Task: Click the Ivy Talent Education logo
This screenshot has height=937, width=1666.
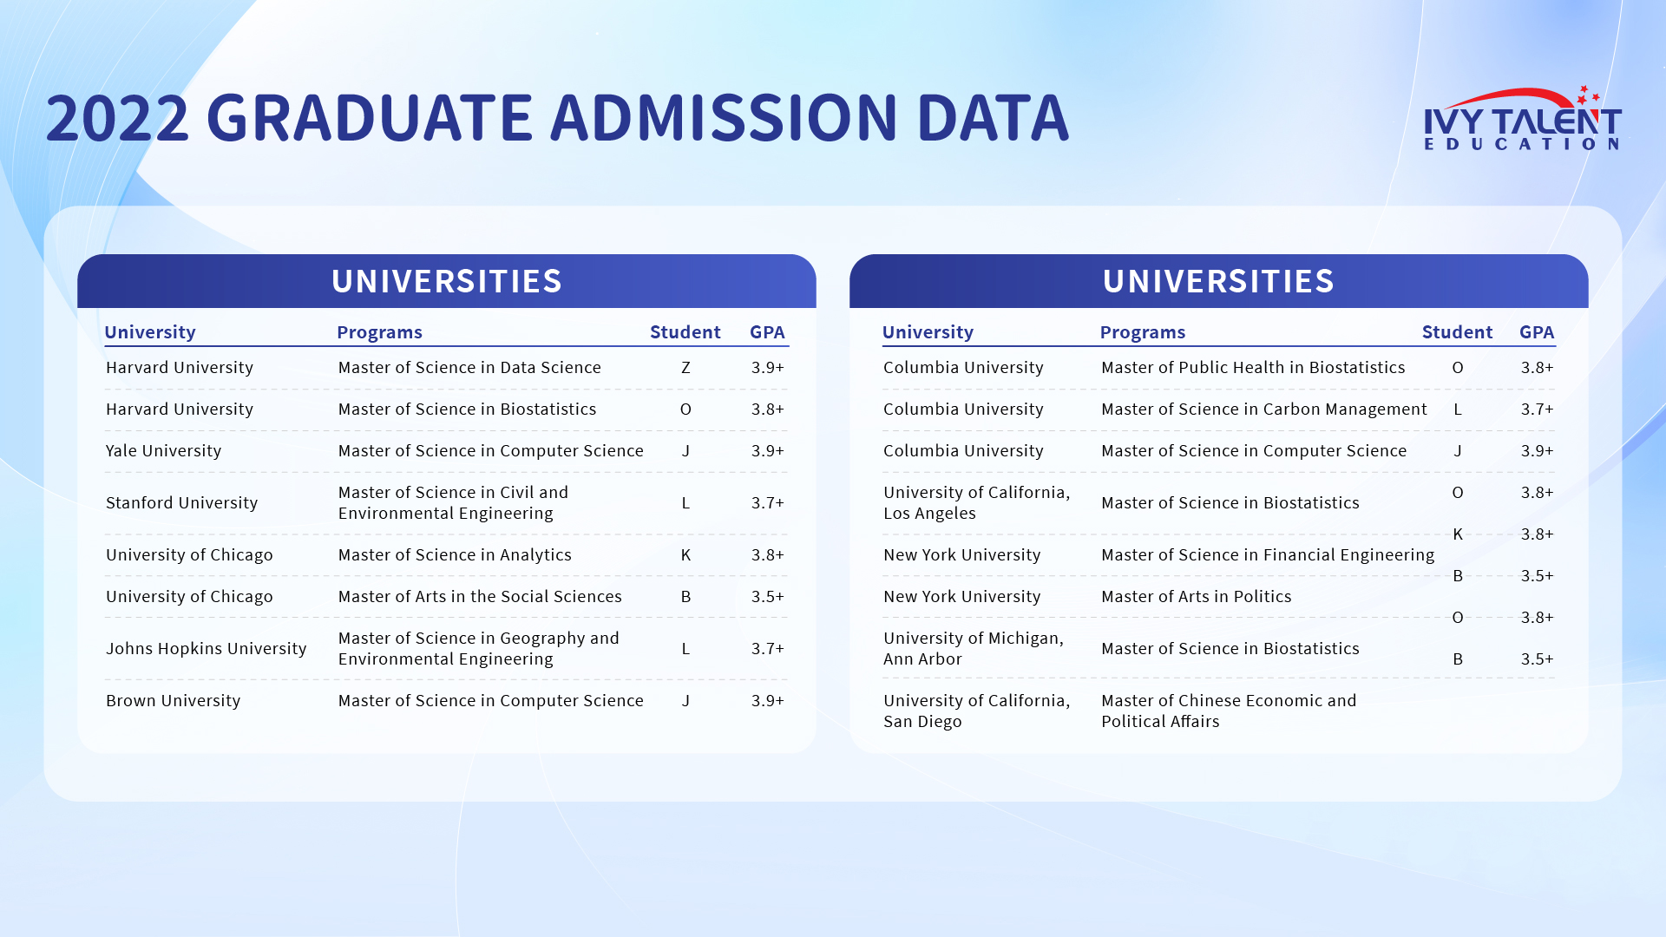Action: [x=1523, y=119]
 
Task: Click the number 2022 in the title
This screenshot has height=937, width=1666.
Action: [x=117, y=118]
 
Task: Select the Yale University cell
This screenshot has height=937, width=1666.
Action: [x=164, y=451]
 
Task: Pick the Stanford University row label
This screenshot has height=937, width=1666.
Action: [x=182, y=503]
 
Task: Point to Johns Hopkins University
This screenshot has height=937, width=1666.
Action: [x=207, y=649]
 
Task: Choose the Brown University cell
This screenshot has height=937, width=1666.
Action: [x=174, y=701]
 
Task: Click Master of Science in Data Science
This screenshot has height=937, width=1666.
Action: [x=469, y=368]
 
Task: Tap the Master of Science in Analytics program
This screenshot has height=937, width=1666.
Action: [x=455, y=555]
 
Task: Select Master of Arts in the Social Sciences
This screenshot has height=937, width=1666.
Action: [x=480, y=597]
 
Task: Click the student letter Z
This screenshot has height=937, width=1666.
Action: [x=685, y=368]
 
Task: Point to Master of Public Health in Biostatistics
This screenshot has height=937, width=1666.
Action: [x=1253, y=368]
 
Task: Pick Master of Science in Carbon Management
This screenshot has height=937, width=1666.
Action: [x=1264, y=410]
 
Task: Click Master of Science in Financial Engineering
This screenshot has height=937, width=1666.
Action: [x=1268, y=555]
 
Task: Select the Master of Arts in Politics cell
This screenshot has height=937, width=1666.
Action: [x=1197, y=597]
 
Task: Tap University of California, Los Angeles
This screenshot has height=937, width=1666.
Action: [x=977, y=503]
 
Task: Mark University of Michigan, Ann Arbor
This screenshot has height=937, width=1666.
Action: [x=974, y=649]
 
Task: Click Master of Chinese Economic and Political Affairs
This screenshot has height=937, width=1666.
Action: [x=1229, y=711]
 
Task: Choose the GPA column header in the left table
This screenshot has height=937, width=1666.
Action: [x=767, y=332]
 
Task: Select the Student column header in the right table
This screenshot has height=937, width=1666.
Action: [x=1457, y=332]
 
